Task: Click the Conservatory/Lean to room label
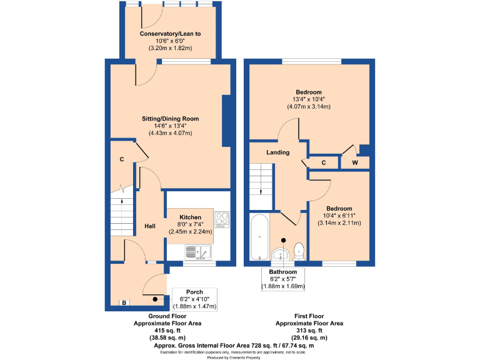coord(170,33)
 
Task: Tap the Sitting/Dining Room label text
coord(170,118)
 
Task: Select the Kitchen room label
coord(190,217)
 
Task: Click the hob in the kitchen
coord(222,220)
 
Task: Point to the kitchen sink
coord(199,252)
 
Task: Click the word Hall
coord(150,226)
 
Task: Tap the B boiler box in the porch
coord(124,303)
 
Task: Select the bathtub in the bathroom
coord(258,237)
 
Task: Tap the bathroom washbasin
coord(281,253)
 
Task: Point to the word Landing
coord(277,152)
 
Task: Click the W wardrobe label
coord(354,163)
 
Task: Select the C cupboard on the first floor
coord(323,162)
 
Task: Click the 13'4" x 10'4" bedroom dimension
coord(309,99)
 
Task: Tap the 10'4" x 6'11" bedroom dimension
coord(339,216)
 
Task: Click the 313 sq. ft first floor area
coord(309,330)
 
